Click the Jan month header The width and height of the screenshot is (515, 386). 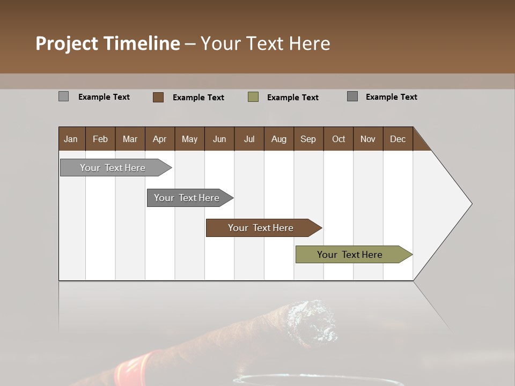pos(71,139)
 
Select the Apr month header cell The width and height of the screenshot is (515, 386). pos(159,139)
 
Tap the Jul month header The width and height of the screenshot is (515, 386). pos(249,139)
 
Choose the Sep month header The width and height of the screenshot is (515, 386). pos(308,139)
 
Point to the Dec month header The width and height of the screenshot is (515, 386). pos(398,139)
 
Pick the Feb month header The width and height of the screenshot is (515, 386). pos(100,139)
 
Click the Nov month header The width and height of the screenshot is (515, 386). pos(367,139)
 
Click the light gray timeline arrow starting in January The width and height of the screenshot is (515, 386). pos(113,168)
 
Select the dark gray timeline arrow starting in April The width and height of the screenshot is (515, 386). pos(187,198)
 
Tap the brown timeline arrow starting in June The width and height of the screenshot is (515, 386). pos(261,228)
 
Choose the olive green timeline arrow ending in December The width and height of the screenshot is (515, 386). pos(350,255)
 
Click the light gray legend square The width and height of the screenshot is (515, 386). pos(64,96)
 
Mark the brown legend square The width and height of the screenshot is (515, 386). pos(158,97)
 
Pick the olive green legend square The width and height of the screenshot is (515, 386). pos(253,97)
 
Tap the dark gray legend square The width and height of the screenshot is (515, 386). pos(352,96)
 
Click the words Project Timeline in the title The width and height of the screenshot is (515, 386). pos(108,43)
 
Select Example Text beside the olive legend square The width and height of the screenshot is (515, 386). pos(293,98)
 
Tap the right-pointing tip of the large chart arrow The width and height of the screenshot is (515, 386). pos(470,204)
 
